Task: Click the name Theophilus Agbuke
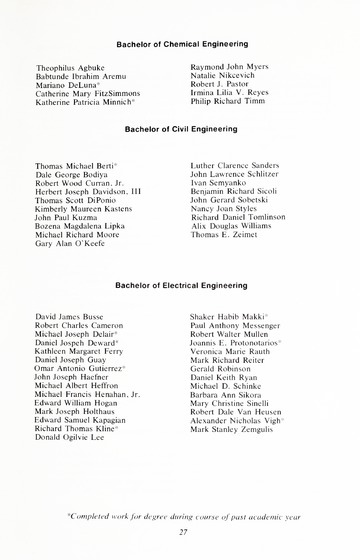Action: click(69, 67)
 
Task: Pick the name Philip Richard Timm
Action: click(228, 101)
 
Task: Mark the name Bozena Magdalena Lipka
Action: click(79, 226)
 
